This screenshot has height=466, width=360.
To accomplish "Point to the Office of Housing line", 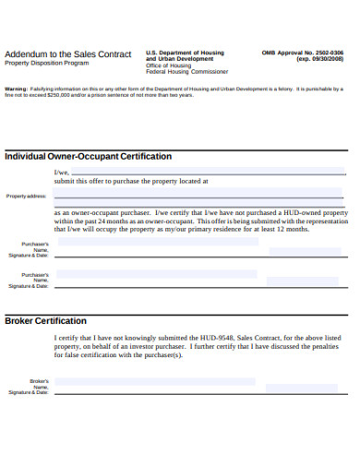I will [x=168, y=66].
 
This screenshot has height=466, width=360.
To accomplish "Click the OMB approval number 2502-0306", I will [x=330, y=53].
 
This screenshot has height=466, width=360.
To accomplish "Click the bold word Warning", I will [x=16, y=89].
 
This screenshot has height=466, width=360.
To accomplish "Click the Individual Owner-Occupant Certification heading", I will [x=89, y=156].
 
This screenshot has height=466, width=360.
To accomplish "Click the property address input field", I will [x=198, y=196].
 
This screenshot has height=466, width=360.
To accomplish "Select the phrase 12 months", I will [x=291, y=229].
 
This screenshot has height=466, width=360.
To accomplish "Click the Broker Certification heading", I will [x=46, y=320].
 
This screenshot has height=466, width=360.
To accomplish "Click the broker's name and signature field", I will [x=155, y=381].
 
